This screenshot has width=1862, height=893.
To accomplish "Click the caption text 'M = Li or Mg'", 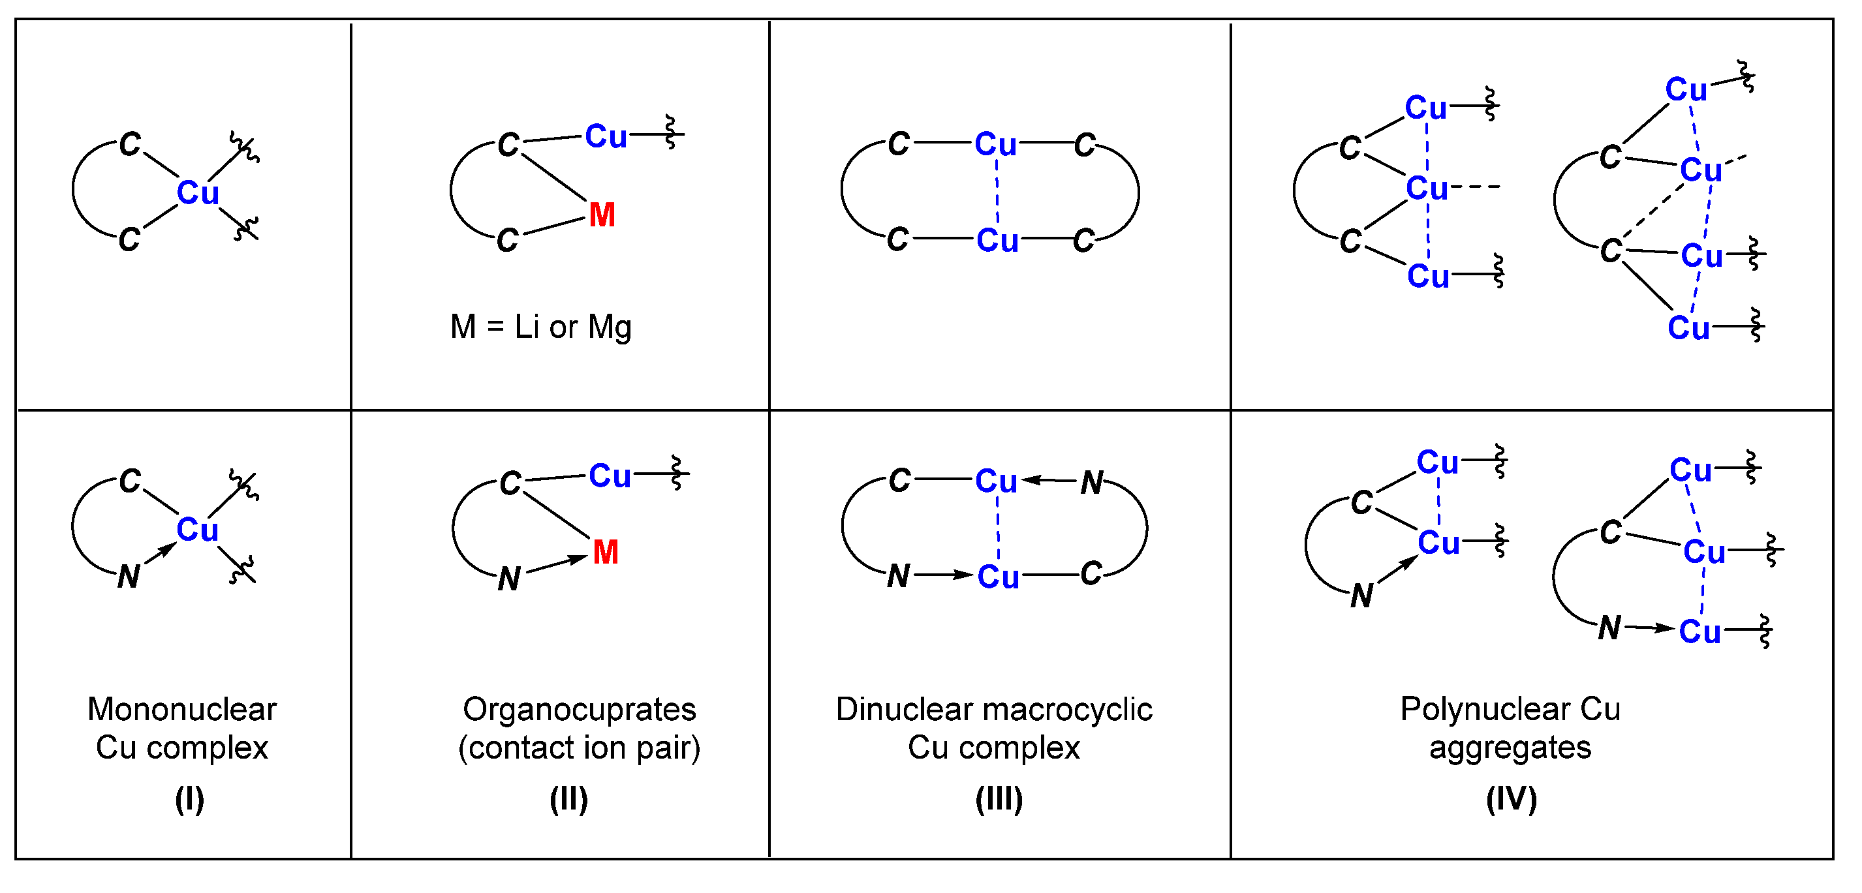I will (540, 327).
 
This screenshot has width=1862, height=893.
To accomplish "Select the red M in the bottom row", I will (606, 552).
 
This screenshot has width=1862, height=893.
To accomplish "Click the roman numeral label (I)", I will (189, 800).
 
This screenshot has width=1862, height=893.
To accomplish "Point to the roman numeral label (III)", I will (999, 800).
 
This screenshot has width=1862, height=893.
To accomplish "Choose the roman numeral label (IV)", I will (1512, 800).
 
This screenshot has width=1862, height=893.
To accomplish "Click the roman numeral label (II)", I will (569, 800).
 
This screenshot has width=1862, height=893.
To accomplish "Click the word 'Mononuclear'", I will (182, 710).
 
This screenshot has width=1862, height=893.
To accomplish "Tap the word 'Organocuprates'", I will (579, 710).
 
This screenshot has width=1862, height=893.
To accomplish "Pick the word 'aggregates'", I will (1510, 748).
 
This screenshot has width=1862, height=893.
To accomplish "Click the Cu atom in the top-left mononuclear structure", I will (197, 193).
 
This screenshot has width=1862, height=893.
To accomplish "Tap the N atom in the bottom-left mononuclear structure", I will (129, 577).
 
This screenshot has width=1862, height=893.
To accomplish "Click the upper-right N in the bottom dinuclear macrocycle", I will (1091, 483).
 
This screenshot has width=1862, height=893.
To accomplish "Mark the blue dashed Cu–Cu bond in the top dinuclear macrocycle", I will (997, 192).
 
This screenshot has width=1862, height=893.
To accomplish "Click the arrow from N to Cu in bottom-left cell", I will (161, 554).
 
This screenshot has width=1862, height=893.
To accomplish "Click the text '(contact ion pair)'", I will (579, 748).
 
